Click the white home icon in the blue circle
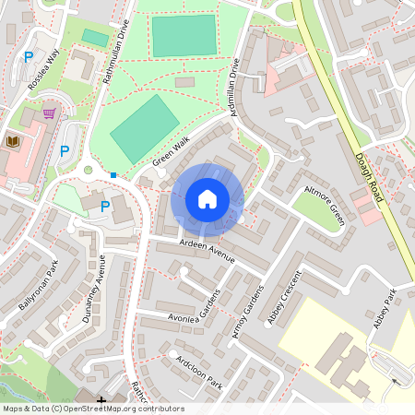tap(207, 199)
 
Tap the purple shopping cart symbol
tap(49, 113)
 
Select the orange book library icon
tap(13, 141)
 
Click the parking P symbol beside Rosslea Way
tap(29, 57)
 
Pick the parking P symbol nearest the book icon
tap(64, 150)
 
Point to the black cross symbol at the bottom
tap(101, 400)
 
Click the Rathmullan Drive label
tap(116, 56)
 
